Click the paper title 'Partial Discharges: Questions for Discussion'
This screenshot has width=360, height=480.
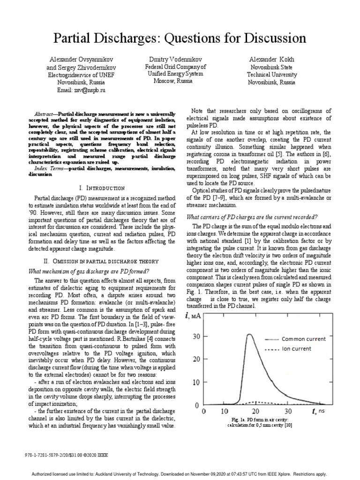pos(180,37)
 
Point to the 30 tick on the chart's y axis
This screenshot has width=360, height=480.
pos(195,336)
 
